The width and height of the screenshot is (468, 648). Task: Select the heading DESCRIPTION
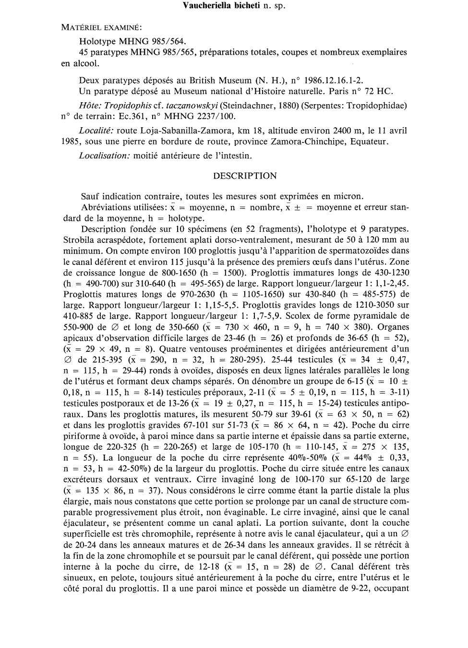(x=245, y=176)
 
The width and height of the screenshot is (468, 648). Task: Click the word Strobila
(x=78, y=240)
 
